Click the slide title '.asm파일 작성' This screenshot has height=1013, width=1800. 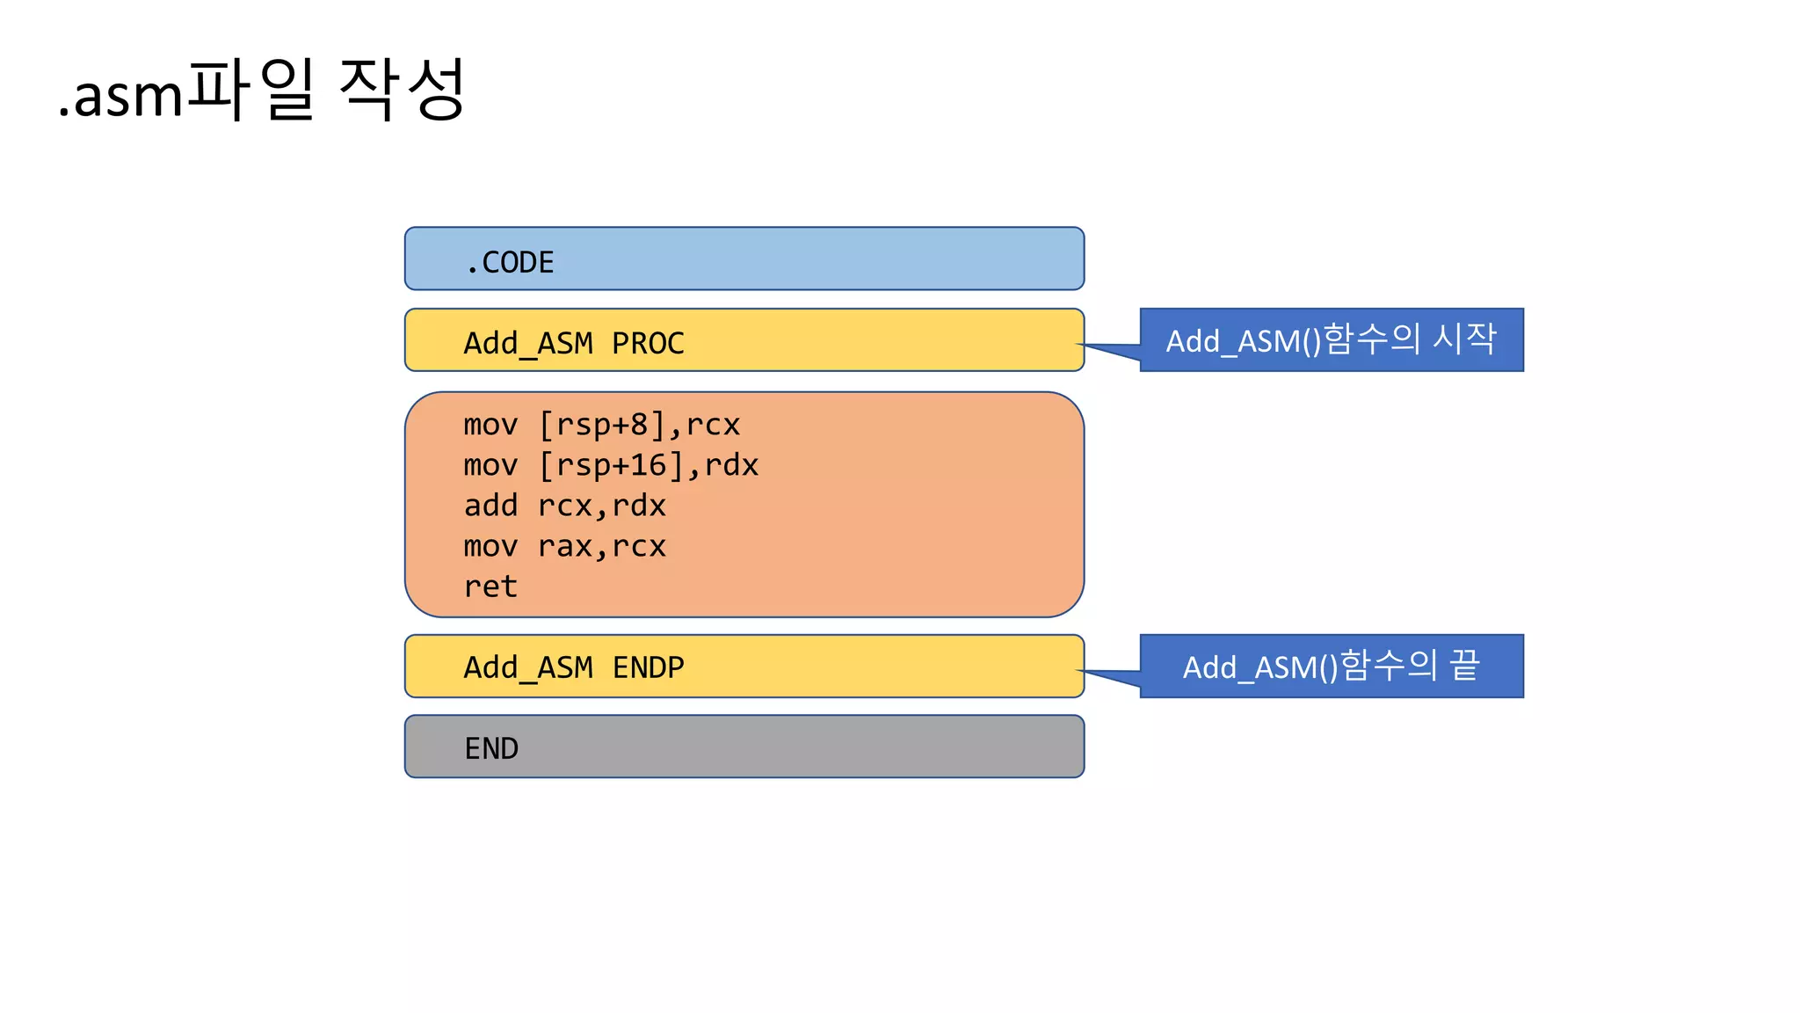tap(261, 91)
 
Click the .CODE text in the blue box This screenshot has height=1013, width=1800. tap(510, 262)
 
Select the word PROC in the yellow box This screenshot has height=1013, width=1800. tap(648, 343)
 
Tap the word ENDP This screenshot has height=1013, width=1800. tap(648, 667)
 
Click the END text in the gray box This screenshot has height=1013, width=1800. tap(491, 748)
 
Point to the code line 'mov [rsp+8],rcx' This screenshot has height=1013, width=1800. tap(601, 425)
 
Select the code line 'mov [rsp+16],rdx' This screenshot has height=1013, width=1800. tap(611, 465)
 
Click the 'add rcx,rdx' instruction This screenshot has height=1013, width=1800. tap(564, 506)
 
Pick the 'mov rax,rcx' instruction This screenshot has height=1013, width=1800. tap(564, 546)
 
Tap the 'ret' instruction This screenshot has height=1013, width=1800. tap(490, 587)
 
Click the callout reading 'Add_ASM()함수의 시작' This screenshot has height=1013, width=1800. tap(1331, 339)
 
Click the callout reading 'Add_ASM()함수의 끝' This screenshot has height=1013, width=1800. tap(1331, 666)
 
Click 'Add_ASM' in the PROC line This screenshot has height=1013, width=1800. tap(528, 343)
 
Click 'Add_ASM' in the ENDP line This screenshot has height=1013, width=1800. tap(528, 667)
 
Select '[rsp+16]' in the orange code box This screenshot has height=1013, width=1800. tap(611, 465)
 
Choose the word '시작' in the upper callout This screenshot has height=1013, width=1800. tap(1464, 339)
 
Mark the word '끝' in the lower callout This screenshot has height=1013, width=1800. tap(1464, 665)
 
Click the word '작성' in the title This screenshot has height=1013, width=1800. tap(401, 89)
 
